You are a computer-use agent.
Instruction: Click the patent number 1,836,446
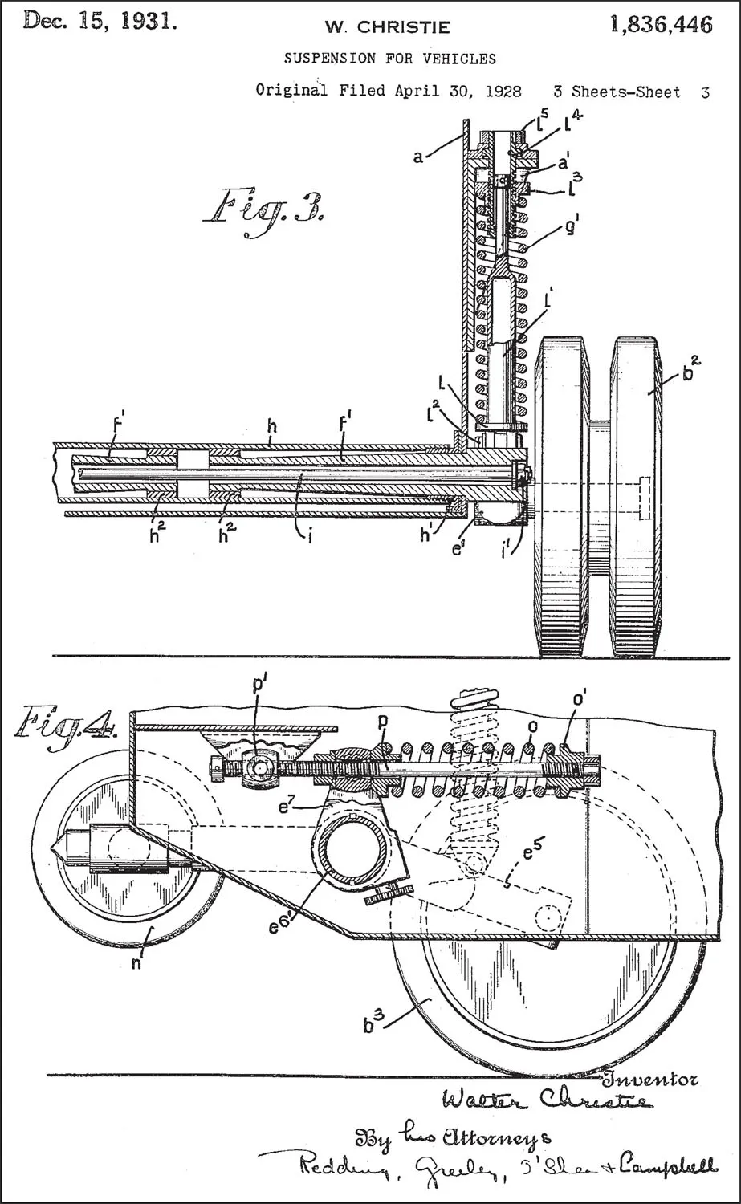pos(661,25)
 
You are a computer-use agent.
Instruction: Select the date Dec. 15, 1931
pos(100,21)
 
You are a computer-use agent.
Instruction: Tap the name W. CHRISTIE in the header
pos(387,26)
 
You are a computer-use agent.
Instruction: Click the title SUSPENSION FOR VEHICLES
pos(390,59)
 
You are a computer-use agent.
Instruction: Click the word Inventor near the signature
pos(650,1080)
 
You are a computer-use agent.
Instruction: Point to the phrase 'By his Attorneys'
pos(454,1137)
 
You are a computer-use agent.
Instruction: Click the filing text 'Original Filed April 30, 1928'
pos(389,91)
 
